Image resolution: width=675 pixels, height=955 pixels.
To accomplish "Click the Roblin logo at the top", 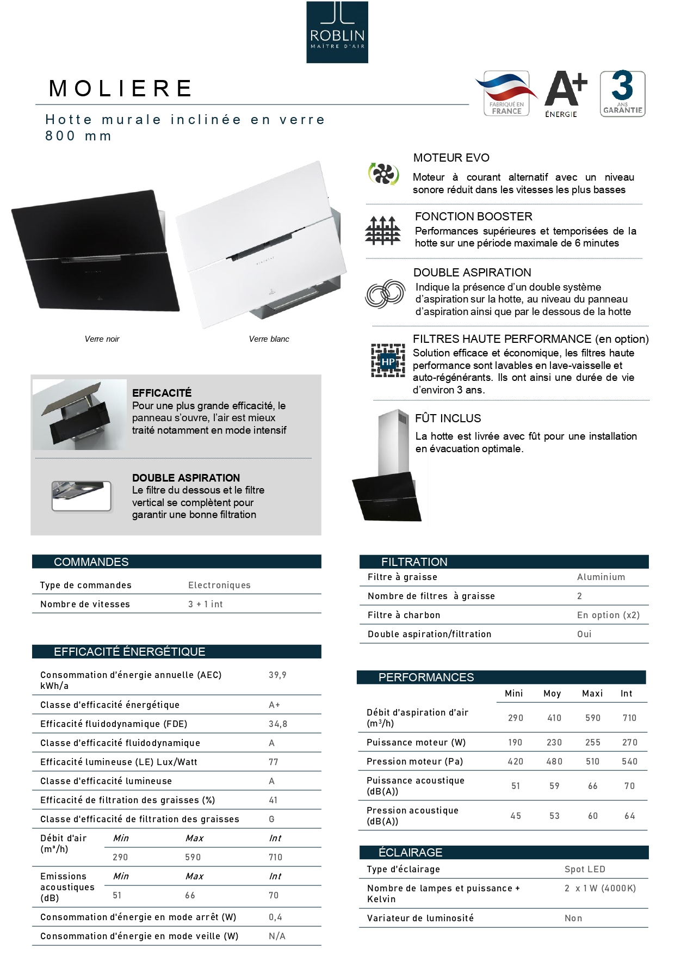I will coord(337,32).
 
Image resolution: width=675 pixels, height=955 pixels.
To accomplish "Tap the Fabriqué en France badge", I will coord(506,94).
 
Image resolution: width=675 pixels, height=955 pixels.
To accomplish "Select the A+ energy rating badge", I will coord(565,94).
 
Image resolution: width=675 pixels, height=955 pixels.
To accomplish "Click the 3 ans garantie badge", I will coord(622,94).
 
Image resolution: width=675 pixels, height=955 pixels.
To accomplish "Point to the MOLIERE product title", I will coord(121,88).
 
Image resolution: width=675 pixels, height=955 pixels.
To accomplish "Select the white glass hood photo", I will coord(261,245).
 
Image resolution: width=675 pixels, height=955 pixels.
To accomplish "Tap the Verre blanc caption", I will coord(269,339).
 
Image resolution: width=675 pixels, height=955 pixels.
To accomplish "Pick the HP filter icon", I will coord(388,361).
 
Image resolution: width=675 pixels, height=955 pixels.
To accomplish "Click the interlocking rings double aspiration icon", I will coord(385,294).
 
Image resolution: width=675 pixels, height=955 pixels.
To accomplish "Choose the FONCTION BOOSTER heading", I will coord(473,217).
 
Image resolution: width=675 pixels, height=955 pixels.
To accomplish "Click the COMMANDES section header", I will coord(91,562).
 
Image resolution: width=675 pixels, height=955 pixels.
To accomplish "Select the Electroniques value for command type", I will coord(219,586).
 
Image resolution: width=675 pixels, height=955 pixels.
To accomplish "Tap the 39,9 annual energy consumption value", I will coord(277,675).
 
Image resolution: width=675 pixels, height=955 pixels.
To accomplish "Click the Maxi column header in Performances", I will coord(592,694).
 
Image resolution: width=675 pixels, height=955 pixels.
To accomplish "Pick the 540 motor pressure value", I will coord(629,762).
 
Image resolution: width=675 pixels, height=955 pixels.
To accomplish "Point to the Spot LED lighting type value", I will coord(585,870).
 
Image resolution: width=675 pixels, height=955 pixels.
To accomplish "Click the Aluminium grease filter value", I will coord(601,577).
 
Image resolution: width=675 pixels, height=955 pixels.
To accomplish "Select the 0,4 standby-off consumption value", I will coord(275,917).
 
